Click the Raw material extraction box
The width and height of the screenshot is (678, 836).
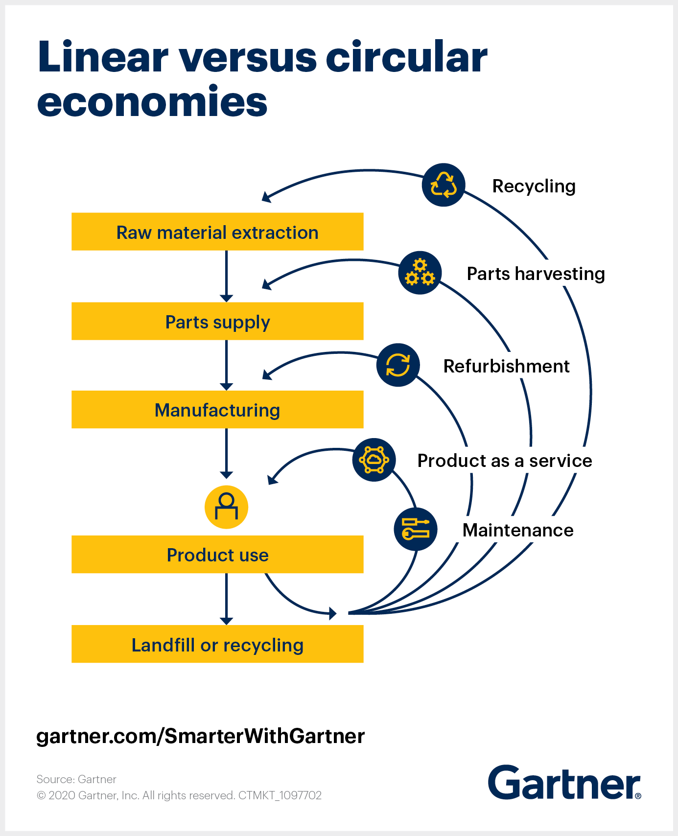[x=217, y=232]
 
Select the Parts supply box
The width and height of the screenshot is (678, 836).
[x=217, y=322]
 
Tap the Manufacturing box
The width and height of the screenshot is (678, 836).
[x=217, y=410]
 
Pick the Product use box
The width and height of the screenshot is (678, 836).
[x=217, y=555]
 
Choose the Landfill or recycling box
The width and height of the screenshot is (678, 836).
[x=217, y=644]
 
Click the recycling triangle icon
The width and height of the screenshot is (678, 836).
[x=444, y=185]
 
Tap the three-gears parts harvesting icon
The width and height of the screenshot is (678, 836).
[x=420, y=273]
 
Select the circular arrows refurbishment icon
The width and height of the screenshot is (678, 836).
[x=398, y=365]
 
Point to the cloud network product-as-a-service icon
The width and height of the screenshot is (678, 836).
[x=374, y=460]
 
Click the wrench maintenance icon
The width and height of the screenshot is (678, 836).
[x=416, y=529]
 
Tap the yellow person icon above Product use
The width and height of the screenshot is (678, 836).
[x=226, y=507]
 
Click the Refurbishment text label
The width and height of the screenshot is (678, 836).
[x=506, y=366]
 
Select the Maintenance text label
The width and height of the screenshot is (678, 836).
[x=518, y=530]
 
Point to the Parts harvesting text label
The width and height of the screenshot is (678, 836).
[x=536, y=274]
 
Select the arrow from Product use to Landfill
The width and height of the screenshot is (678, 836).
[x=226, y=599]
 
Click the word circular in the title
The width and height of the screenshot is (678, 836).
[x=406, y=57]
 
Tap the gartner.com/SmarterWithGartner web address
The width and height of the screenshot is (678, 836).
[x=201, y=736]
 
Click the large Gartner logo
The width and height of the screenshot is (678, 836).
[x=564, y=783]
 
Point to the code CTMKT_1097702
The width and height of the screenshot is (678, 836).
[x=280, y=795]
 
